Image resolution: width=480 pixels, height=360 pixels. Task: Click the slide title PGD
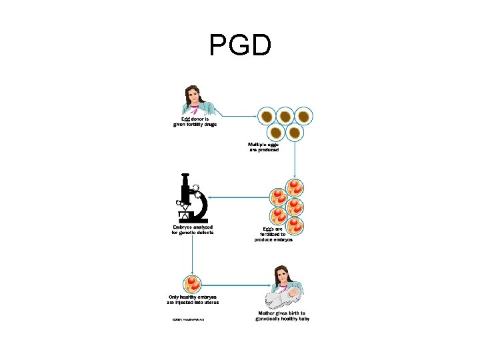(240, 46)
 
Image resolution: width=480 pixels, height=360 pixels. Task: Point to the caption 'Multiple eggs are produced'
(264, 147)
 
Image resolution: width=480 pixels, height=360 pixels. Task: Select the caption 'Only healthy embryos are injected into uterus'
(193, 299)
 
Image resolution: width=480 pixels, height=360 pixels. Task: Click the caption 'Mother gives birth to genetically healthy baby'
(282, 316)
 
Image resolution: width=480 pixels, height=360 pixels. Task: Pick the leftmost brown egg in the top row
(267, 117)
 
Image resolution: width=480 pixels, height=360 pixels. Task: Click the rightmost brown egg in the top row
(303, 117)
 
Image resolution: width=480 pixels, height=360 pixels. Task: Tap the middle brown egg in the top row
(285, 117)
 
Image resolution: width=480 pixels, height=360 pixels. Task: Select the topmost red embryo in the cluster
(295, 186)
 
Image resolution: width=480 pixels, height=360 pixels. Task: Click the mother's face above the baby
(283, 275)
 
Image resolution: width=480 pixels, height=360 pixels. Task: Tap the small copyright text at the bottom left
(188, 319)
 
